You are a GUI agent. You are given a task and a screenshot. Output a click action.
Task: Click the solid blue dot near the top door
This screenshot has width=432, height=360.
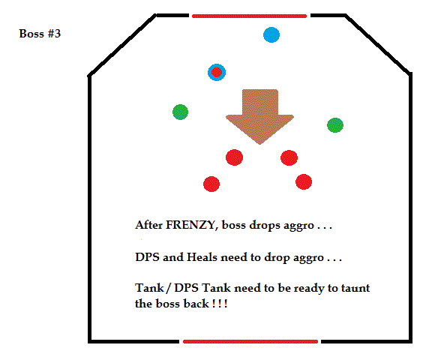coord(271,34)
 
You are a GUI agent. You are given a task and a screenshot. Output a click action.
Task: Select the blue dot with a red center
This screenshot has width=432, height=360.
coord(217,73)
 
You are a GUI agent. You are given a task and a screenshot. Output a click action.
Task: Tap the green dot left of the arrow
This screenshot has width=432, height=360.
coord(180,112)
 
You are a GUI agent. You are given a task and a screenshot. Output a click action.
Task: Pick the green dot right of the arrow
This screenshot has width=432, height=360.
coord(335,125)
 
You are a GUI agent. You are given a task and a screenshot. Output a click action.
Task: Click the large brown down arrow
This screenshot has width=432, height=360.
coord(259,115)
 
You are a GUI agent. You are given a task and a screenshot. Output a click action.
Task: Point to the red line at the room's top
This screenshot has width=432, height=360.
coord(249,16)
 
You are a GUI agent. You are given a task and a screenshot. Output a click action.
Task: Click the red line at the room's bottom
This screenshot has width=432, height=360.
coord(250,341)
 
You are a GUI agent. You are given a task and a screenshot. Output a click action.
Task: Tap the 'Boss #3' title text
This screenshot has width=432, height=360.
coord(40,34)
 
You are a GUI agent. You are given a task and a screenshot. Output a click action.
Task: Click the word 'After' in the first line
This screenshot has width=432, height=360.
coord(148,225)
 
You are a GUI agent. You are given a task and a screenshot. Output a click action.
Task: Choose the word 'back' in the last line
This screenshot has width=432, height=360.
coord(196,304)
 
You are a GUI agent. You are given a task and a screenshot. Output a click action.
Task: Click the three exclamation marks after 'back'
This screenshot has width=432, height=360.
coord(220,304)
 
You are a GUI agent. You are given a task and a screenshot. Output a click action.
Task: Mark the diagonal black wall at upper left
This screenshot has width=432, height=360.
coord(121,45)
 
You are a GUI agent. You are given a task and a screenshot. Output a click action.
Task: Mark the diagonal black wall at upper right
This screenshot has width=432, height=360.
coord(377,44)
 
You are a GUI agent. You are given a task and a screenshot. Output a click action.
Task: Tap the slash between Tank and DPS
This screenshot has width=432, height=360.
coord(169,289)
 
